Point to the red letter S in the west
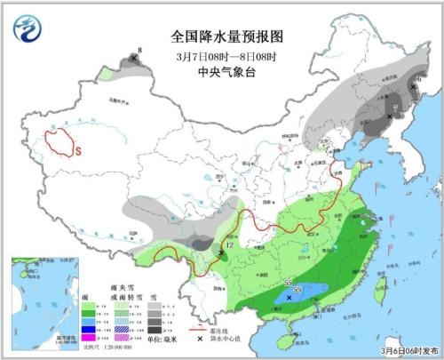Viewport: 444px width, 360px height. (77, 152)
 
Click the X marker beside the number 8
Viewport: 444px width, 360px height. (134, 59)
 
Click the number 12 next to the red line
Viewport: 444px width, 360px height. (229, 244)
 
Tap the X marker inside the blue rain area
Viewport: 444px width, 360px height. (289, 299)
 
